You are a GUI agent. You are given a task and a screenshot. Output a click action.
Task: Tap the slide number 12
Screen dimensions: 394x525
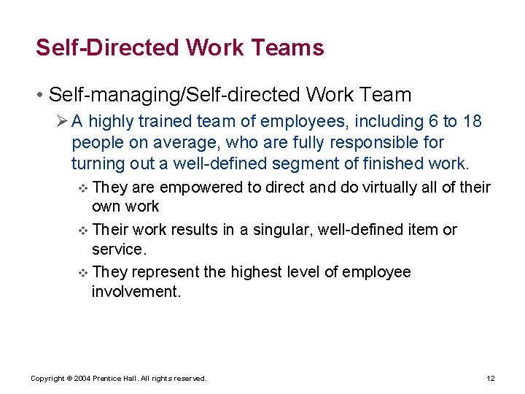click(490, 379)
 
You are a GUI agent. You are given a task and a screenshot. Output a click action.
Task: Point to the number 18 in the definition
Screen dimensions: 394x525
click(472, 122)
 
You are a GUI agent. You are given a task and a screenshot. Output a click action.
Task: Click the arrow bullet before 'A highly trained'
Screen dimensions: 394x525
click(61, 121)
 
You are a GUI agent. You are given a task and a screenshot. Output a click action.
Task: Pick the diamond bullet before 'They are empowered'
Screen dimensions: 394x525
click(82, 188)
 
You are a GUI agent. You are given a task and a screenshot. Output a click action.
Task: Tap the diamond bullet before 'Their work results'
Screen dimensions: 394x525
click(82, 231)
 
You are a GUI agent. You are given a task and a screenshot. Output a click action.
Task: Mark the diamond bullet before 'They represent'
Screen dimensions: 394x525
click(82, 274)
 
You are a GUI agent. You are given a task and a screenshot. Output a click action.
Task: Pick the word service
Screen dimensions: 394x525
click(117, 250)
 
